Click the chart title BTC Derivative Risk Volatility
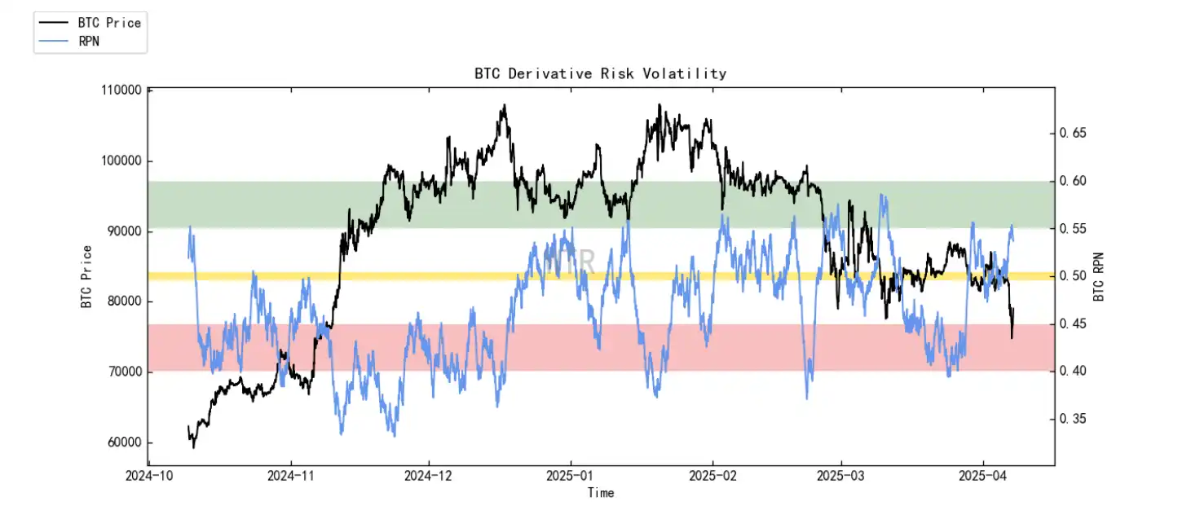point(600,73)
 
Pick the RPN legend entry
point(89,41)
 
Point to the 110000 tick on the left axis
point(119,90)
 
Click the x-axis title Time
point(601,492)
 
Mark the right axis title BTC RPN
point(1099,276)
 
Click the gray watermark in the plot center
point(570,262)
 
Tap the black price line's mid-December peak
point(505,105)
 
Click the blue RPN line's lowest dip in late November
point(395,435)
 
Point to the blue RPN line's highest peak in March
point(882,195)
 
